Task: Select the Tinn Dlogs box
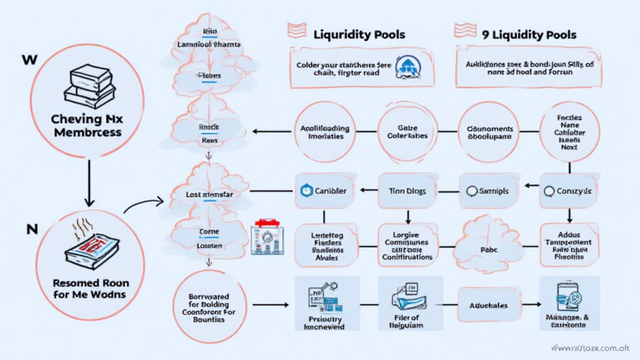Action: coord(408,191)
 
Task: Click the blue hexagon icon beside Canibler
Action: coord(306,191)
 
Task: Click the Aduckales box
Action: coord(489,306)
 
